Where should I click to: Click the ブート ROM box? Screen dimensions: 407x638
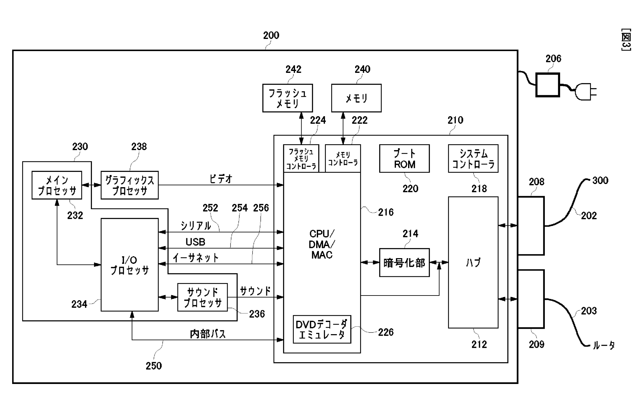[404, 159]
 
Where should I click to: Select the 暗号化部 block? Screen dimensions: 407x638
[404, 263]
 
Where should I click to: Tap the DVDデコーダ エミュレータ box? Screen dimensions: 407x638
[322, 329]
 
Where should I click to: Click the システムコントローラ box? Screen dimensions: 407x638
[473, 159]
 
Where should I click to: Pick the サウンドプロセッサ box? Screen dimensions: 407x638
[202, 297]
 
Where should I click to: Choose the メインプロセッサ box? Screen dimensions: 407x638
[57, 185]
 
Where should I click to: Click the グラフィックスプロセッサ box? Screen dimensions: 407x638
[130, 185]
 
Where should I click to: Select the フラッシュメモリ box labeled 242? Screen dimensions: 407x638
[287, 98]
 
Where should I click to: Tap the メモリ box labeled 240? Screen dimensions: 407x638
[356, 98]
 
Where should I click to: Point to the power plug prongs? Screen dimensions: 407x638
[593, 92]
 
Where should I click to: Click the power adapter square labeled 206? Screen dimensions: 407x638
[547, 85]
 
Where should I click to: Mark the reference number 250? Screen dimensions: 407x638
[154, 366]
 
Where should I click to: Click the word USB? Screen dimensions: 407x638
[195, 242]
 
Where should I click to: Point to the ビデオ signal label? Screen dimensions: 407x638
[221, 179]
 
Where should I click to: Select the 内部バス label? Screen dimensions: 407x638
[207, 334]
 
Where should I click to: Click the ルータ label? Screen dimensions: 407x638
[603, 345]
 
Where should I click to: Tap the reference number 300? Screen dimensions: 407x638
[600, 180]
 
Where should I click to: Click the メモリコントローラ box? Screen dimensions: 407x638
[343, 159]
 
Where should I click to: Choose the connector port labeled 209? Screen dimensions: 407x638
[531, 299]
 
